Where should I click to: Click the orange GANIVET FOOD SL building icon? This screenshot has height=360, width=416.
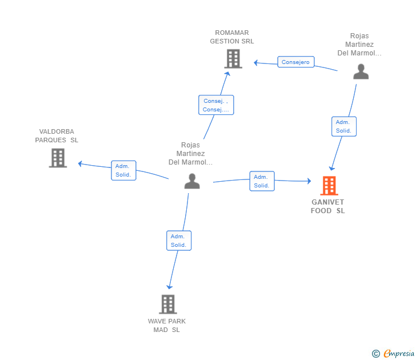pyautogui.click(x=329, y=186)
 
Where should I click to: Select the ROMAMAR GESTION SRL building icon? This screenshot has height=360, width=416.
pyautogui.click(x=233, y=59)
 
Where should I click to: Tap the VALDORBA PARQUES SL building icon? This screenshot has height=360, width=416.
pyautogui.click(x=58, y=158)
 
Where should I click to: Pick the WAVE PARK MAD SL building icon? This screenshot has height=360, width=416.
pyautogui.click(x=168, y=305)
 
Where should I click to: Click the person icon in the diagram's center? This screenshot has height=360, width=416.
pyautogui.click(x=192, y=181)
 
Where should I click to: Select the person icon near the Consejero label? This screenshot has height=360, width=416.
pyautogui.click(x=361, y=71)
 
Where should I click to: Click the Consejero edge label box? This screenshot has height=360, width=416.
pyautogui.click(x=296, y=62)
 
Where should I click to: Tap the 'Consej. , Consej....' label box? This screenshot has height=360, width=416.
pyautogui.click(x=216, y=105)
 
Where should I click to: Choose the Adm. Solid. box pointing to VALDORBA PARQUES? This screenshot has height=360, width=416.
pyautogui.click(x=123, y=170)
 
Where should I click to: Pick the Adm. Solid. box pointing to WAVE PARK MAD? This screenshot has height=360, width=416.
pyautogui.click(x=179, y=241)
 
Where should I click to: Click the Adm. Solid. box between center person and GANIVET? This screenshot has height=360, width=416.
pyautogui.click(x=262, y=181)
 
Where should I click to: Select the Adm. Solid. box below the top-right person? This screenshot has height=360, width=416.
pyautogui.click(x=344, y=126)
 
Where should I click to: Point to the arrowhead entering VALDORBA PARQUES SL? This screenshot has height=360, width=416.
pyautogui.click(x=80, y=163)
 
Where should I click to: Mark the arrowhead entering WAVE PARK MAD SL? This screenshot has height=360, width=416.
pyautogui.click(x=169, y=287)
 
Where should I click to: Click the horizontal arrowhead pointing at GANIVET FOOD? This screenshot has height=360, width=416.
pyautogui.click(x=309, y=181)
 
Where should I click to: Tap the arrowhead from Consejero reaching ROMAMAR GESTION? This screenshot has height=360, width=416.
pyautogui.click(x=256, y=63)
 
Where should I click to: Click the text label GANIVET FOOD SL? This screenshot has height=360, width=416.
pyautogui.click(x=327, y=206)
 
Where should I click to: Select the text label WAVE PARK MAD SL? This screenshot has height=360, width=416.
pyautogui.click(x=167, y=326)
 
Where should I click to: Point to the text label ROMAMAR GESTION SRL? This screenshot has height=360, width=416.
pyautogui.click(x=232, y=37)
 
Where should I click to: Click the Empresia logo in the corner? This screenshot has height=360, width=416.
pyautogui.click(x=393, y=353)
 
